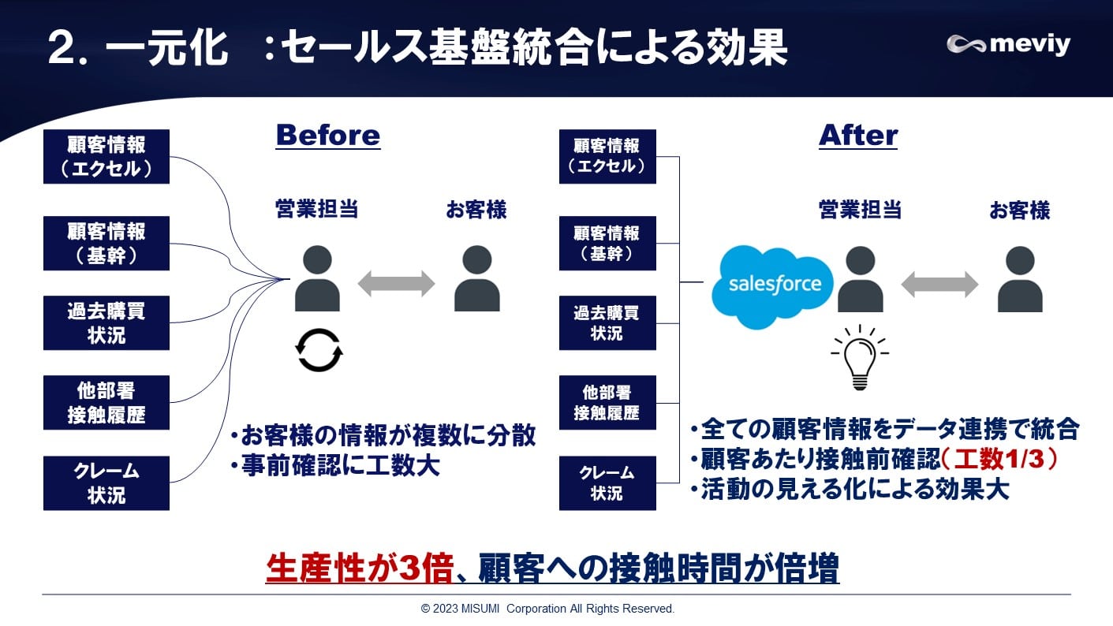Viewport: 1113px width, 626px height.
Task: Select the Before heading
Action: click(x=327, y=136)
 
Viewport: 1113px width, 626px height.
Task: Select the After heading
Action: click(x=858, y=136)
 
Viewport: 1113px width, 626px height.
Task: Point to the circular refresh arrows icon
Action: click(x=319, y=350)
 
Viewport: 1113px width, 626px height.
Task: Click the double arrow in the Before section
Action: click(x=396, y=284)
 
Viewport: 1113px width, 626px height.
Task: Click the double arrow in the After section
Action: click(x=939, y=284)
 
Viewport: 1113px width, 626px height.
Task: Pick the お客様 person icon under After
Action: click(x=1019, y=279)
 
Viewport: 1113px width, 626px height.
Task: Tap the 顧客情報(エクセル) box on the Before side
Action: click(x=106, y=157)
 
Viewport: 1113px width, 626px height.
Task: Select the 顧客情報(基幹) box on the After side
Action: click(x=607, y=244)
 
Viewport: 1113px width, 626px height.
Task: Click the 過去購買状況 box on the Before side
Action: click(x=106, y=323)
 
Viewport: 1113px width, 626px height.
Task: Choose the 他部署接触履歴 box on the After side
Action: click(x=607, y=403)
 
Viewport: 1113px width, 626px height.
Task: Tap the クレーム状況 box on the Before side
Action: click(x=106, y=483)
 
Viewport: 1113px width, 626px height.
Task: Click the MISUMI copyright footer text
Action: click(x=547, y=609)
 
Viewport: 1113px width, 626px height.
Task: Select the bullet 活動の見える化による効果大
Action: click(x=849, y=490)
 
